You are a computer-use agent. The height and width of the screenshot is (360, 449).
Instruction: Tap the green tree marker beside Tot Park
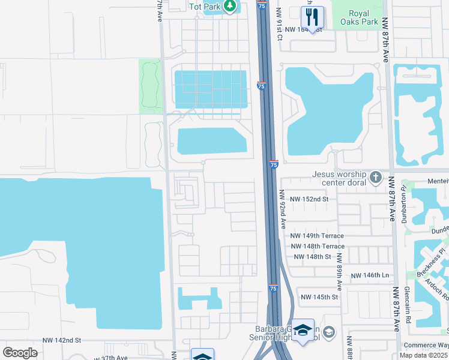(x=229, y=7)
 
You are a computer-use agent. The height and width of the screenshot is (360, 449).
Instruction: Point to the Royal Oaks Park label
(x=359, y=17)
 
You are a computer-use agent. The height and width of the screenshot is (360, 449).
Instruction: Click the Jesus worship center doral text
(x=339, y=178)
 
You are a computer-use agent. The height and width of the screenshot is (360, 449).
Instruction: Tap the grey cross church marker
(x=375, y=177)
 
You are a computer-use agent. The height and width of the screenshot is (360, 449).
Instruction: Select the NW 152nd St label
(x=309, y=199)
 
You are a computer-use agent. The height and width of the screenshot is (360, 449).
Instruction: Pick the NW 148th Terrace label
(x=318, y=247)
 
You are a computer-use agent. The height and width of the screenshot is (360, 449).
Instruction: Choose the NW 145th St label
(x=319, y=297)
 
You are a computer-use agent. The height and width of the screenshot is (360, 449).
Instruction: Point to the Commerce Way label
(x=426, y=344)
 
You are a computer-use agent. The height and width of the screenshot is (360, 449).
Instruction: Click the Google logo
(x=20, y=352)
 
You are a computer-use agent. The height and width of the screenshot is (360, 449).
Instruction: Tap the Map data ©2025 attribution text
(x=424, y=355)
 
